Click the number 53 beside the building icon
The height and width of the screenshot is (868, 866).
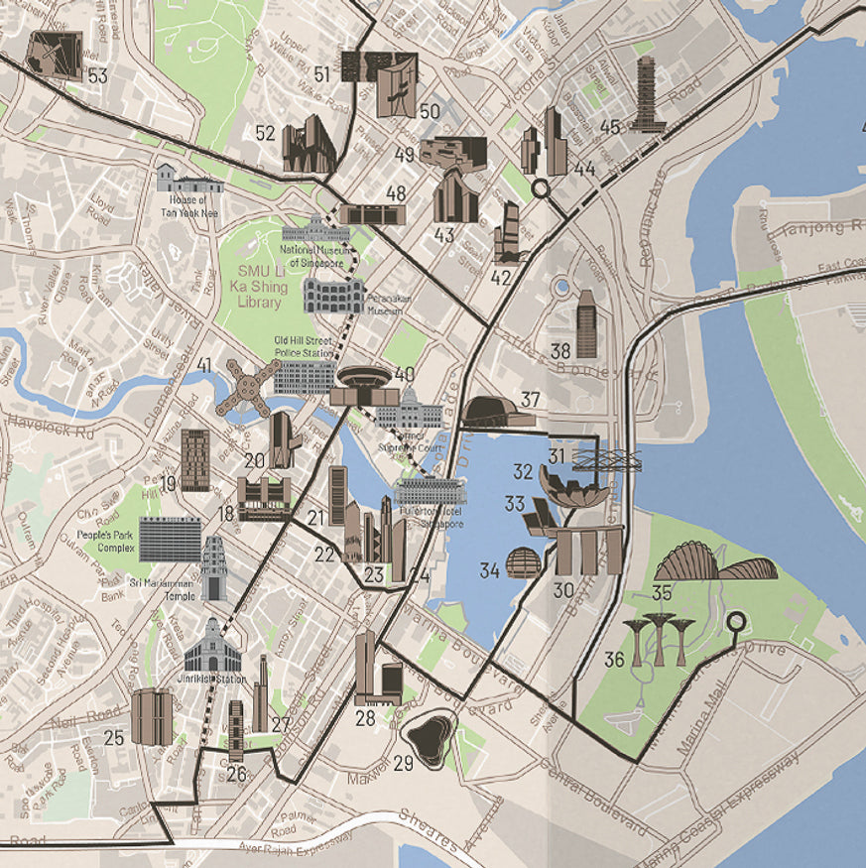tap(96, 75)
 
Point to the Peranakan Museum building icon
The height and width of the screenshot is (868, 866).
tap(333, 296)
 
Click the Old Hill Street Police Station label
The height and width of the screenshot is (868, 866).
tap(304, 347)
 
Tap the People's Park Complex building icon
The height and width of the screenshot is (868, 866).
tap(170, 538)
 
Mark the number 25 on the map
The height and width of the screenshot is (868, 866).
tap(114, 737)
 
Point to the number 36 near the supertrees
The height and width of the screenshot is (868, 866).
tap(614, 659)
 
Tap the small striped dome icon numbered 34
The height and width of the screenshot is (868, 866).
tap(524, 562)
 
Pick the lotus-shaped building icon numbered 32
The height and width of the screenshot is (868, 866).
tap(573, 487)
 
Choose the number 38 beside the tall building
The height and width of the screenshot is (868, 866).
tap(560, 350)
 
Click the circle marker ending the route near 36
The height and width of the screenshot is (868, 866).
tap(735, 623)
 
